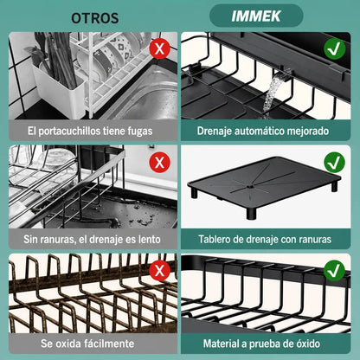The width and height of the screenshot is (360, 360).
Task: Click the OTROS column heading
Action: [95, 18]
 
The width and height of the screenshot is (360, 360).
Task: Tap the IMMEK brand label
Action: [256, 16]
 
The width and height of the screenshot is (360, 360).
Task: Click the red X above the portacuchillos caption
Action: [159, 48]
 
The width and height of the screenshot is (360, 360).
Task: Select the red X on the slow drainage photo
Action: [159, 163]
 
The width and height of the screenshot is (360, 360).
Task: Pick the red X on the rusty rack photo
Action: [159, 271]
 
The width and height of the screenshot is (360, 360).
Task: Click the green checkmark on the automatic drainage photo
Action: [334, 49]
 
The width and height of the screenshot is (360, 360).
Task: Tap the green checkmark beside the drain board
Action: [334, 163]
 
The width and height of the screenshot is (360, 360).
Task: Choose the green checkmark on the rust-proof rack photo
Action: [334, 271]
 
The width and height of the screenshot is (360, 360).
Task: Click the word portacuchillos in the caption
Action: [69, 132]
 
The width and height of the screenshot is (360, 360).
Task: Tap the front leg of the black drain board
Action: [251, 213]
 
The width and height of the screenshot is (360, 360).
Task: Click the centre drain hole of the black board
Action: [250, 187]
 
